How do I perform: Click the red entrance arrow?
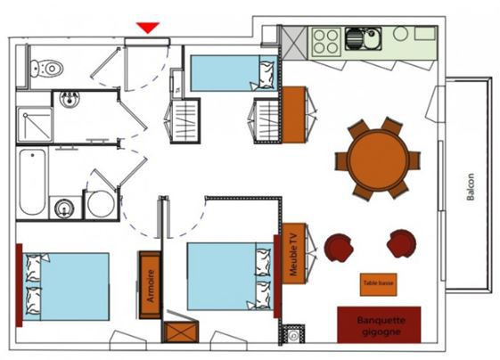[148, 28]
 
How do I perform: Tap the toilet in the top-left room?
[46, 66]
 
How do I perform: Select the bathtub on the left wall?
[31, 183]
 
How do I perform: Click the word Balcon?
[471, 185]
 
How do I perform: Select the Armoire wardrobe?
[151, 285]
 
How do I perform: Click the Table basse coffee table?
[378, 284]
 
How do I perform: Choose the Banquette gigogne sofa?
[379, 325]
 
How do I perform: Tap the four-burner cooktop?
[325, 39]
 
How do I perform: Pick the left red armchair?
[338, 247]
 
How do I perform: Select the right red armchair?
[401, 242]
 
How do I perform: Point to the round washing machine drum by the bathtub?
[100, 204]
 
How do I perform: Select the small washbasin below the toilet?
[69, 99]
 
